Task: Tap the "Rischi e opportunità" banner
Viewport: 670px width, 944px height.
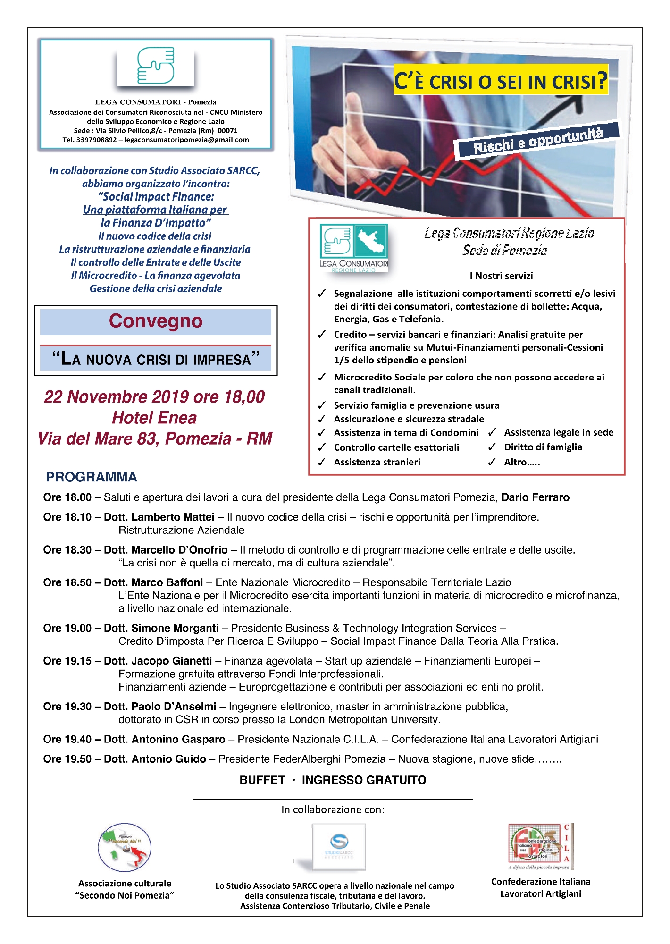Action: click(x=538, y=141)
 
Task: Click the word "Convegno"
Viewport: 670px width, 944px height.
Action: click(x=156, y=321)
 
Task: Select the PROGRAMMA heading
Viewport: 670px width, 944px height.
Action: click(x=92, y=477)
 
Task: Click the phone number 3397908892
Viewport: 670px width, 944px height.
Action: click(x=96, y=140)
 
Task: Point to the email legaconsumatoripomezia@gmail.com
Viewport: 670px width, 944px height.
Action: click(x=186, y=140)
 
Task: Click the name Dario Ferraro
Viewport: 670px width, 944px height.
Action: click(x=535, y=497)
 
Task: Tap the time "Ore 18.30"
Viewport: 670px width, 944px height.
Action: click(x=67, y=550)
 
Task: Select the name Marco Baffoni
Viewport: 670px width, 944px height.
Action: click(x=167, y=582)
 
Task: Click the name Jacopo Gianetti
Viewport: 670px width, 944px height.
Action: click(x=172, y=661)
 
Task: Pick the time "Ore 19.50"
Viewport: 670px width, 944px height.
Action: click(x=67, y=759)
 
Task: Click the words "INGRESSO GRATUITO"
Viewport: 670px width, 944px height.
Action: click(x=364, y=780)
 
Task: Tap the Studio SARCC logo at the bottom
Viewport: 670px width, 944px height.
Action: click(x=339, y=847)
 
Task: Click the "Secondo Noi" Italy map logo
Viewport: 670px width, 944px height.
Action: click(x=125, y=848)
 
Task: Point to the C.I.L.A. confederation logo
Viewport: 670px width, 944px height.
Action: click(x=541, y=847)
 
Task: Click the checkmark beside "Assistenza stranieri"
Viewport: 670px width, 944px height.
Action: click(x=322, y=462)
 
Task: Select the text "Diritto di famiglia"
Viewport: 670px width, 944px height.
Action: click(x=543, y=447)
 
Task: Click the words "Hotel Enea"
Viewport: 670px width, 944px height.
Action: click(x=154, y=418)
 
